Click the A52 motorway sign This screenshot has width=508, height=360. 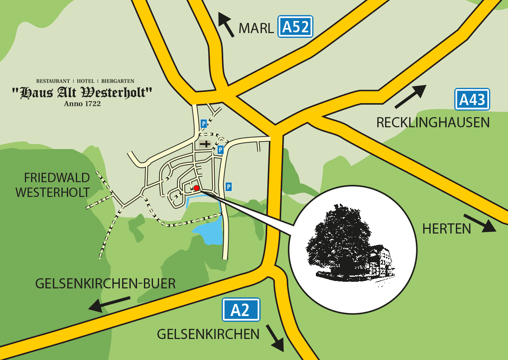pos(295,27)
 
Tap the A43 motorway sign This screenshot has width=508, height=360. pos(472,100)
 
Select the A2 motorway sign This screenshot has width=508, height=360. pos(241,310)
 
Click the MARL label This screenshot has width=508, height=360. pos(256,28)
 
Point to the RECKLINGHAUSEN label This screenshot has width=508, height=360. pos(433,123)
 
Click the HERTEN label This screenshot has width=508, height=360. pos(447,229)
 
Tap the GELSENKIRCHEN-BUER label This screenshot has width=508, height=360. pos(105,284)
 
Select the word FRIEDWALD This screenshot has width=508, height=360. pos(57,178)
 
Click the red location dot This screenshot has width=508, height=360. pos(196,188)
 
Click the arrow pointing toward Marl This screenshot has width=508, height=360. pos(226,24)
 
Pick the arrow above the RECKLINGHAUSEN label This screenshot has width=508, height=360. pos(410,97)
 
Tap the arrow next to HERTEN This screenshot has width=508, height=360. pos(480,223)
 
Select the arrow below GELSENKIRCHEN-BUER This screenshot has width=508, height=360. pos(109,304)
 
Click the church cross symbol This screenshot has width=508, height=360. pos(205,144)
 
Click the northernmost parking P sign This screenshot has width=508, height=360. pos(203,124)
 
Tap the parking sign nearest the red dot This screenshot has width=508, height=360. pos(229,187)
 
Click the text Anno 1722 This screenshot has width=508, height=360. pos(82,104)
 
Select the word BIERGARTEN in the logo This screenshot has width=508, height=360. pos(117,81)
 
